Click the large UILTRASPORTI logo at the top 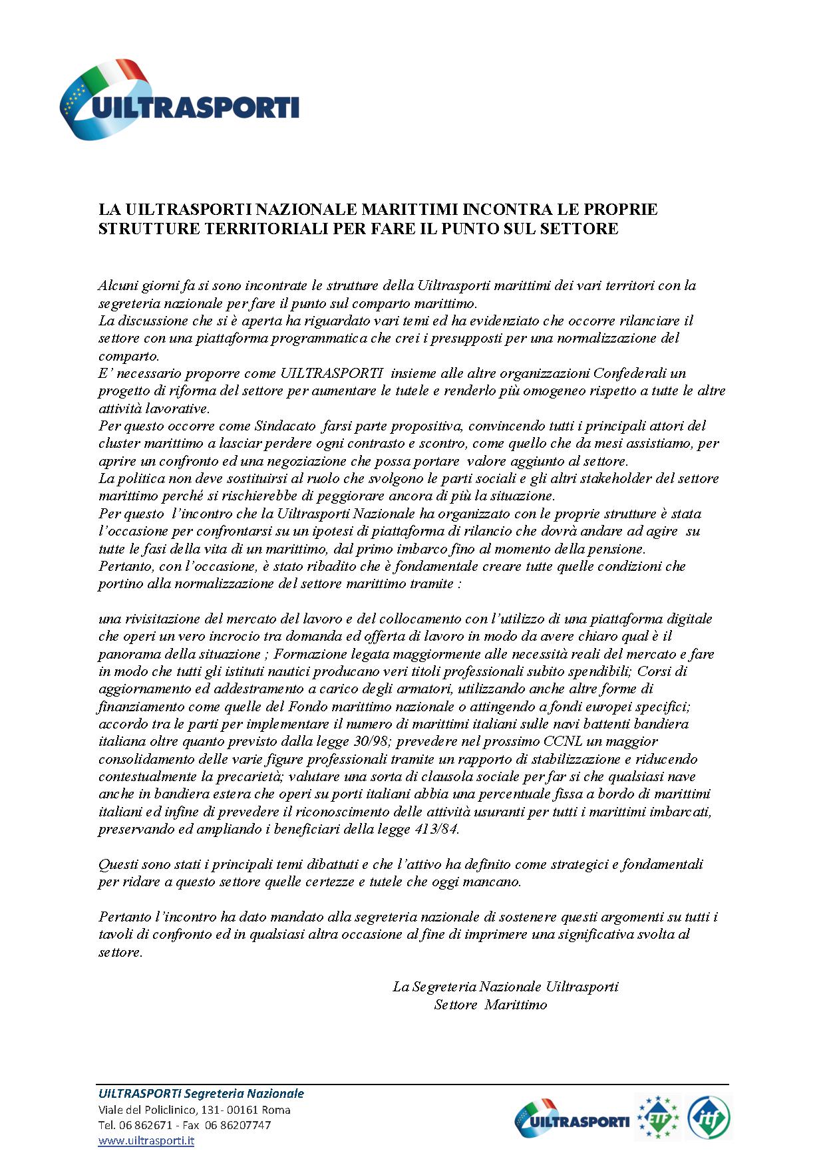pos(180,100)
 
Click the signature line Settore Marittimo pos(490,1005)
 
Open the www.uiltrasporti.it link pos(146,1140)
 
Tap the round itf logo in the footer pos(709,1118)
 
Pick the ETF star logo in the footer pos(658,1118)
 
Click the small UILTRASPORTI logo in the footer pos(572,1119)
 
